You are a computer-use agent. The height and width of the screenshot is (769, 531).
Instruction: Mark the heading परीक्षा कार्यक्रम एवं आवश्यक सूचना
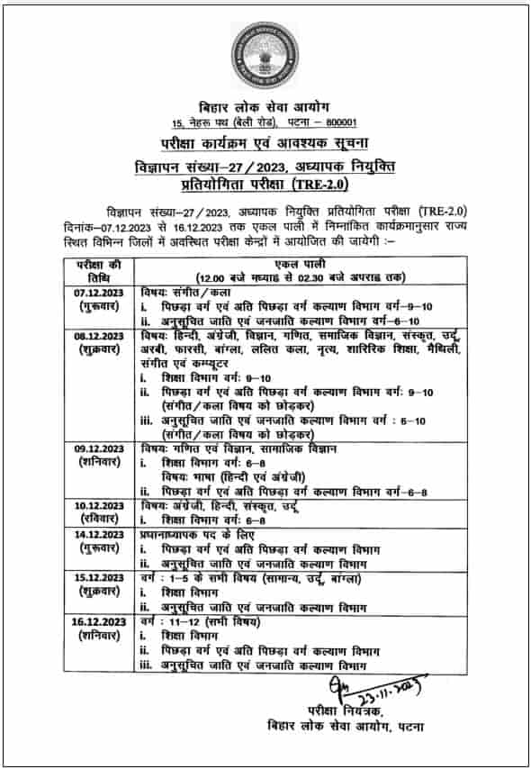point(265,144)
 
